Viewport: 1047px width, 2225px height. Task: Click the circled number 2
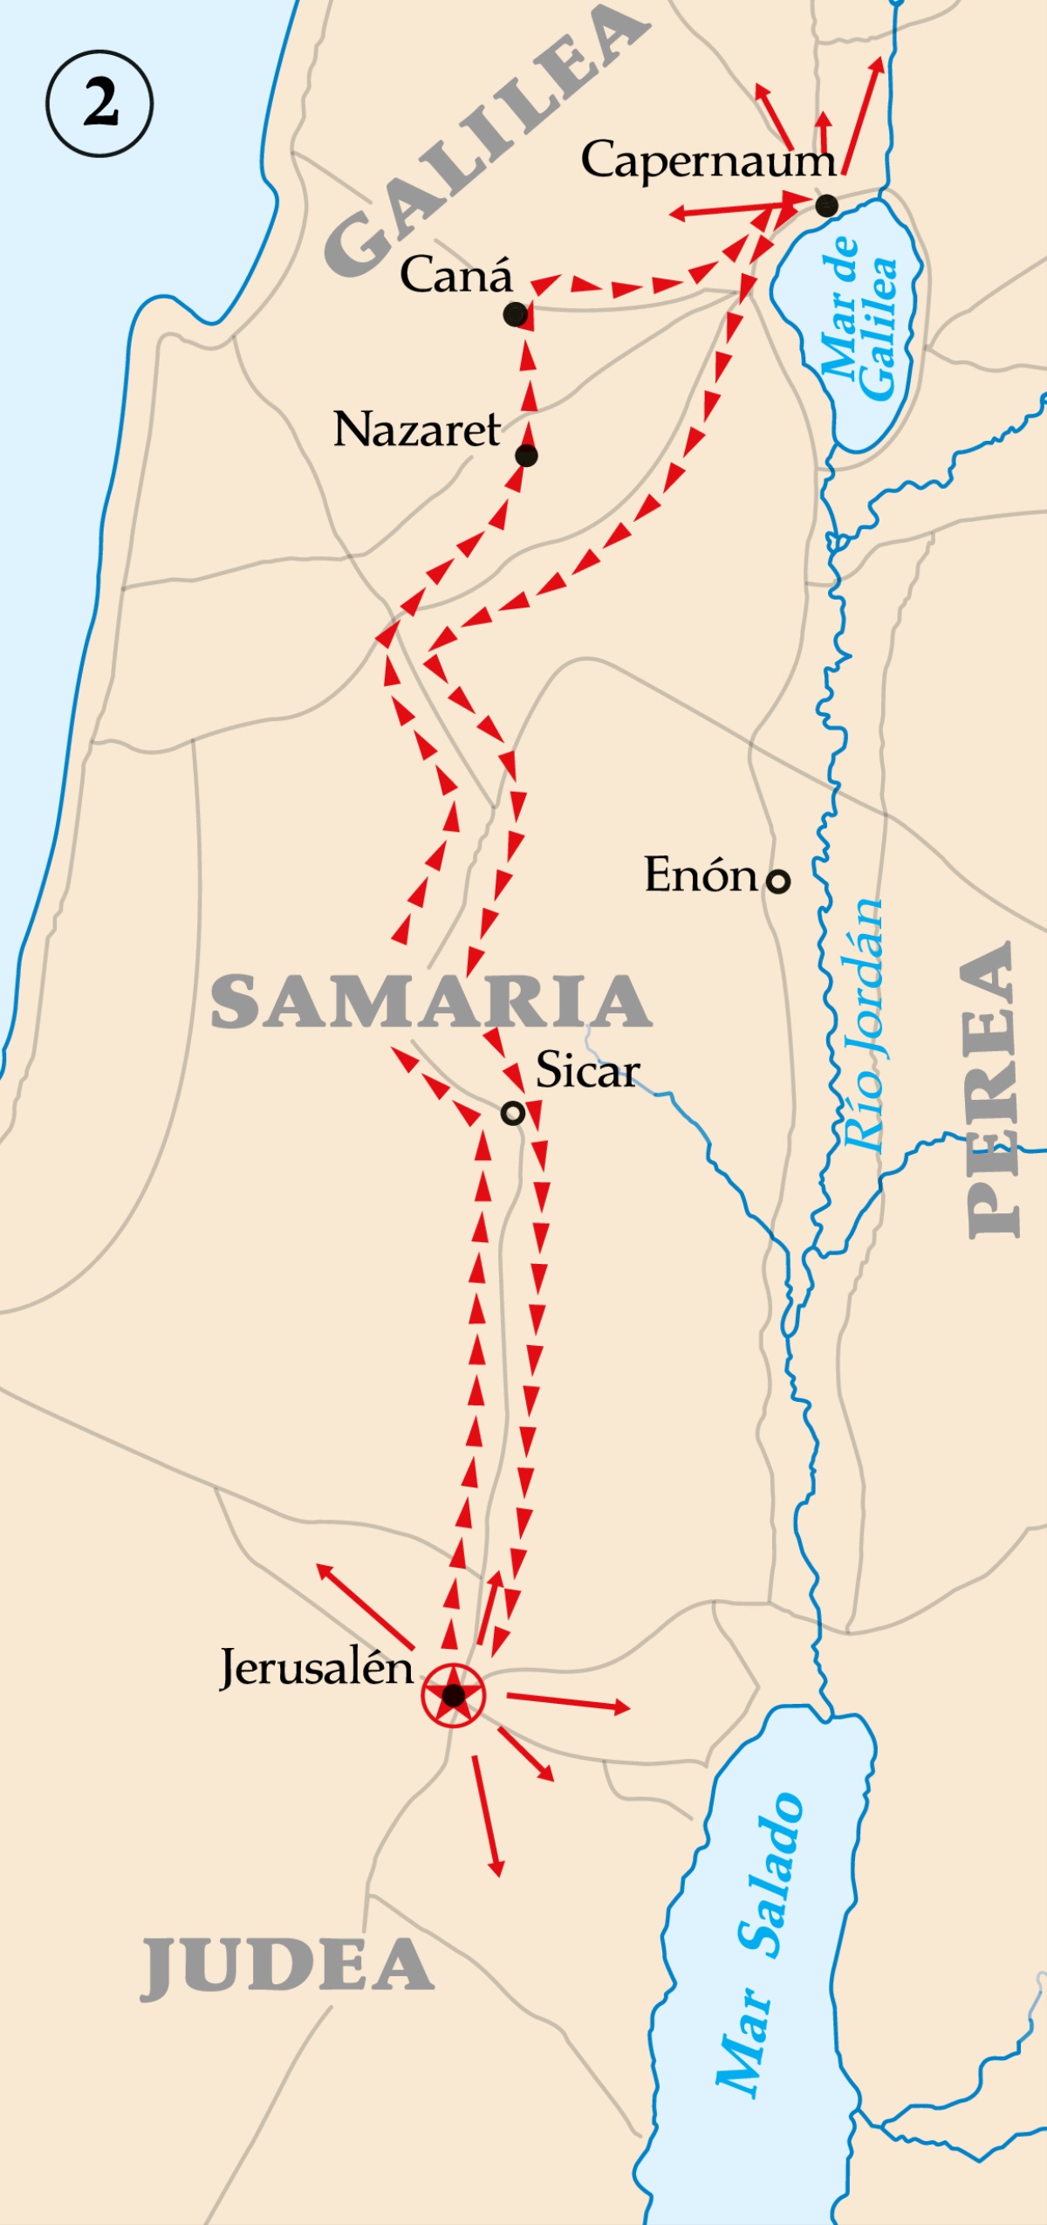pos(99,103)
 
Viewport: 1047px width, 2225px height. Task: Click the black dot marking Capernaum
pos(827,206)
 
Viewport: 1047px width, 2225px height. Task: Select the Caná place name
pos(456,276)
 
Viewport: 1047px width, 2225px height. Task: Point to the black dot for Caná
pos(516,314)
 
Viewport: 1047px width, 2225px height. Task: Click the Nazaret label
pos(417,430)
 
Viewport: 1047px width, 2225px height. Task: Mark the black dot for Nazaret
pos(526,456)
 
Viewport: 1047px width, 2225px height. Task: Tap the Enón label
pos(701,875)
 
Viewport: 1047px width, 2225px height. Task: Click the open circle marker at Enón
pos(777,882)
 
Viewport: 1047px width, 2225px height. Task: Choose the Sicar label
pos(587,1070)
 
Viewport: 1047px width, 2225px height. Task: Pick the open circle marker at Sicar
pos(513,1113)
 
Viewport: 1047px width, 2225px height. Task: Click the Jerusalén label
pos(316,1668)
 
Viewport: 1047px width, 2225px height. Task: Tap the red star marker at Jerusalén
pos(453,1695)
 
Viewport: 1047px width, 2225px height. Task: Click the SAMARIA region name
pos(431,1002)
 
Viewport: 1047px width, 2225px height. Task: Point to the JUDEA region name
pos(287,1967)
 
